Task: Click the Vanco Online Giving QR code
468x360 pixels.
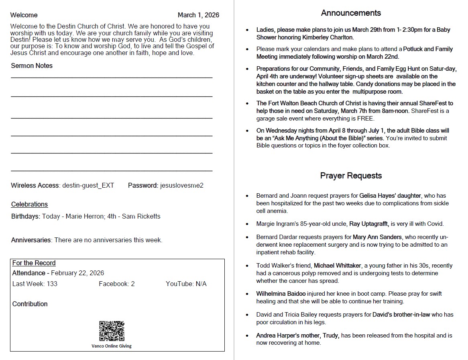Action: [112, 331]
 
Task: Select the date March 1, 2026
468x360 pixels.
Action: [198, 15]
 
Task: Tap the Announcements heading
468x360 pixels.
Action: [351, 13]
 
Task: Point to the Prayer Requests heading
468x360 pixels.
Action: [351, 176]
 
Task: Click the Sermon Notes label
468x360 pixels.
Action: [32, 66]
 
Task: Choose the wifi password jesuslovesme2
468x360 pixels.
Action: [182, 186]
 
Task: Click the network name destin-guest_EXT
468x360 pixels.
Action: [88, 186]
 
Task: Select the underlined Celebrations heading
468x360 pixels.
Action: [29, 205]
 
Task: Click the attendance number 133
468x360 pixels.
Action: [52, 284]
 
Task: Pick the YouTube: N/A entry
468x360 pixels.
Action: [186, 284]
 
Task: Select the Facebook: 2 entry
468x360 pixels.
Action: [116, 284]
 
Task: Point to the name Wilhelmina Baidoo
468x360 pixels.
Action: [281, 294]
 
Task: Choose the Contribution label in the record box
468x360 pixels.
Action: [30, 304]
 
